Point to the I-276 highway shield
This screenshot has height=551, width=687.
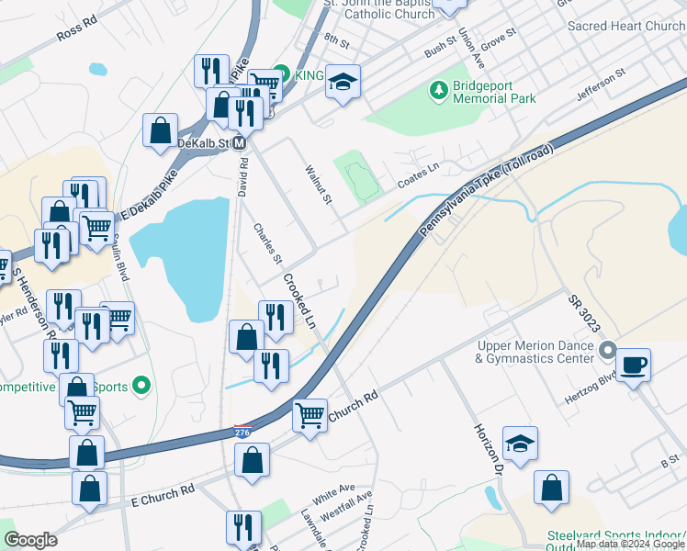tap(241, 430)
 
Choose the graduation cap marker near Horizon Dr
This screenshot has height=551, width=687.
tap(521, 444)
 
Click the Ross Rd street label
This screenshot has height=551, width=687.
tap(76, 32)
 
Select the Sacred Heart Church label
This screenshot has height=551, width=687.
tap(625, 27)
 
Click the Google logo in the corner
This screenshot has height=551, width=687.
tap(30, 540)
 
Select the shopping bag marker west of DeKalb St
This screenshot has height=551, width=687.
tap(161, 130)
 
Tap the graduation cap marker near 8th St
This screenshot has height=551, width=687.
tap(343, 82)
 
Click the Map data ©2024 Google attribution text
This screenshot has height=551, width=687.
tap(630, 544)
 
